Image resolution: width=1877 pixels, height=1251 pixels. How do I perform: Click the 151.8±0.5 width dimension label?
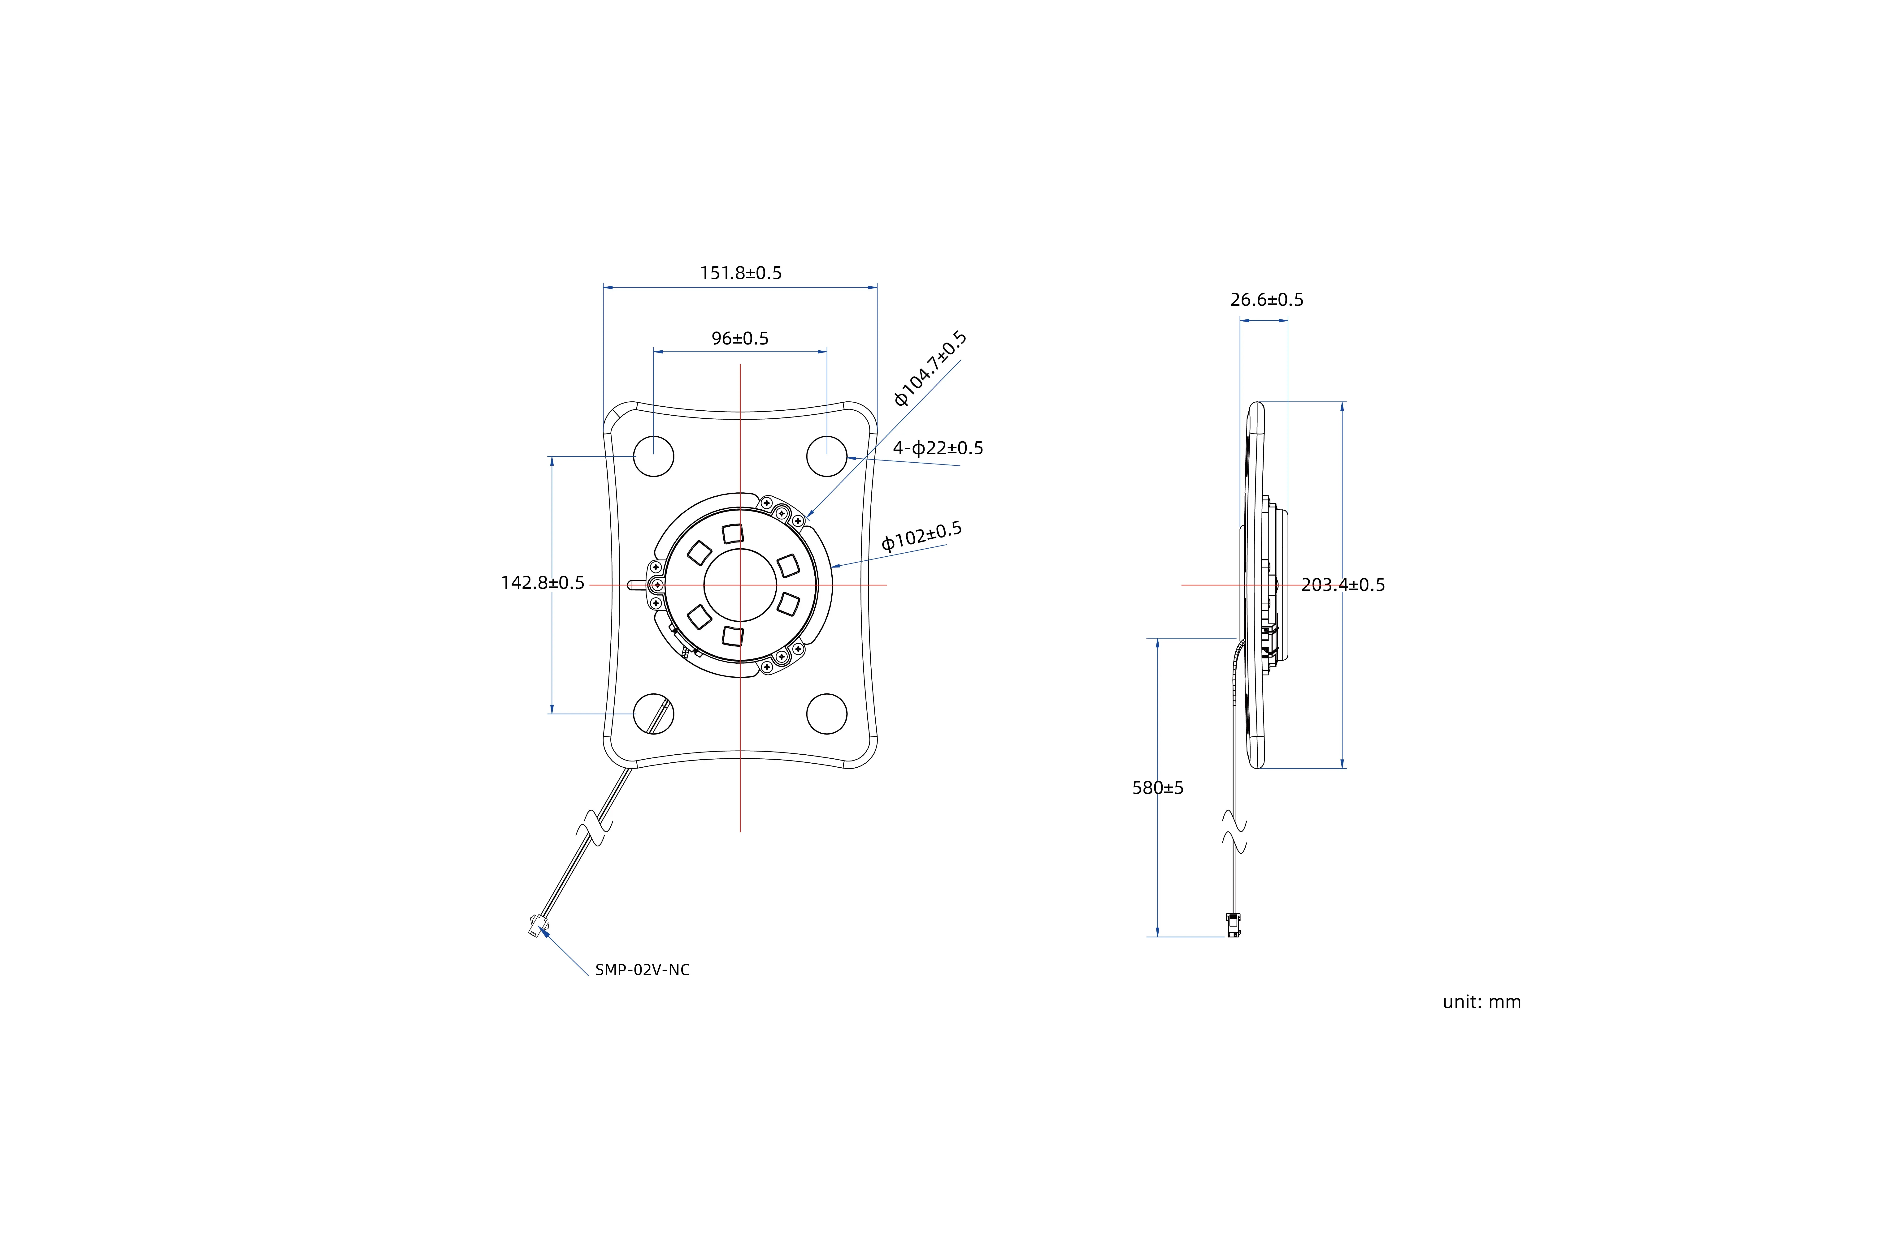click(x=741, y=273)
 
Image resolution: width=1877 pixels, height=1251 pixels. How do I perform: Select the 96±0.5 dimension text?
click(x=740, y=338)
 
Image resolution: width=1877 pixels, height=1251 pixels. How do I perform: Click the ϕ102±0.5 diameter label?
click(x=922, y=536)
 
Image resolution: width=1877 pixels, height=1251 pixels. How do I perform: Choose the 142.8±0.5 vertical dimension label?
click(x=543, y=583)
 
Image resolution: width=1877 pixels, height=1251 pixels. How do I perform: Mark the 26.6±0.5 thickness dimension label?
click(x=1266, y=300)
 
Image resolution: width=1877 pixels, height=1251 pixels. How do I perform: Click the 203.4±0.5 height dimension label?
click(x=1343, y=585)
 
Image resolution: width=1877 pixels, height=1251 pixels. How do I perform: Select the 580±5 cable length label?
click(x=1158, y=788)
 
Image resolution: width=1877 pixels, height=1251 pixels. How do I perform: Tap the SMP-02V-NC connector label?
click(x=643, y=970)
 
